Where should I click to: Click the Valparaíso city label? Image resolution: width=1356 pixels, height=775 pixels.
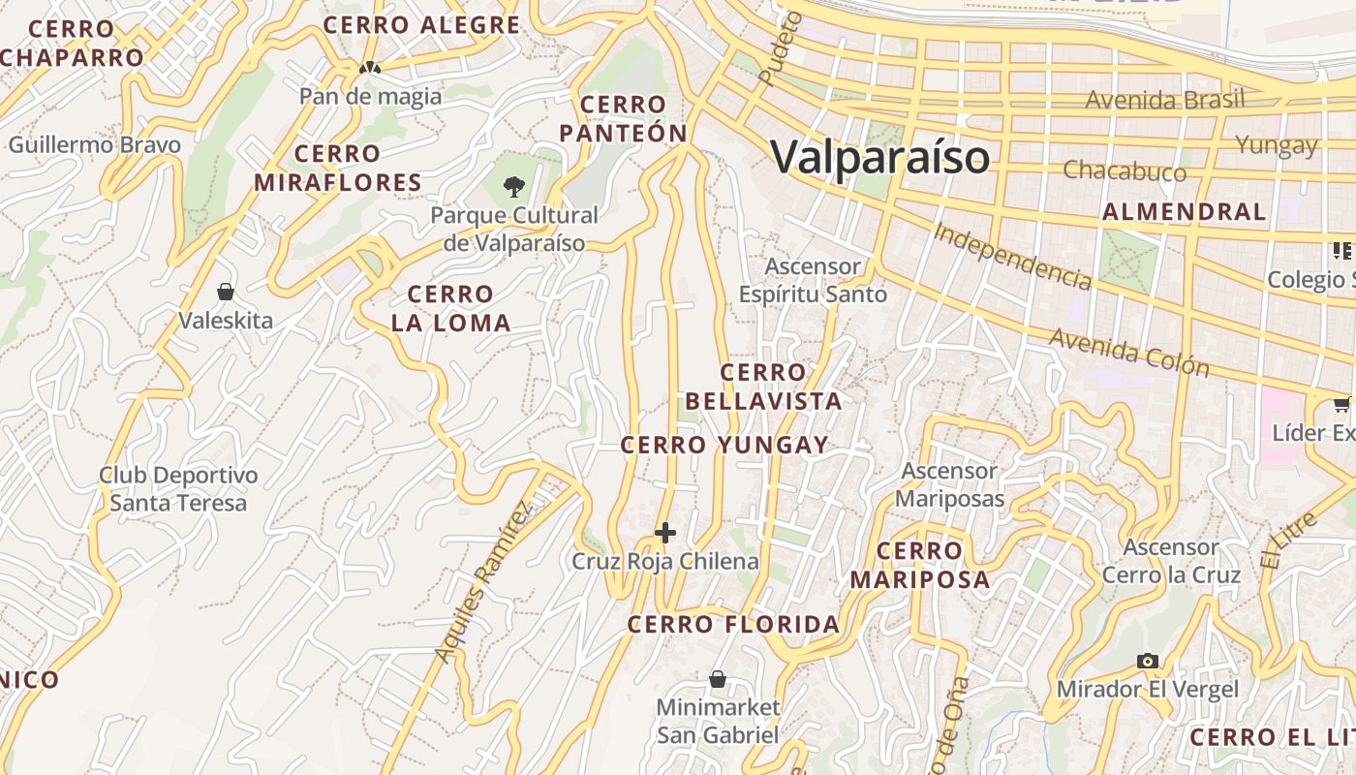click(x=880, y=157)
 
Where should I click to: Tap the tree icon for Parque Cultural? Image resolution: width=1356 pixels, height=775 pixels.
click(x=513, y=185)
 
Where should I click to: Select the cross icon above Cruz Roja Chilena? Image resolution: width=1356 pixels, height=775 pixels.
click(x=665, y=533)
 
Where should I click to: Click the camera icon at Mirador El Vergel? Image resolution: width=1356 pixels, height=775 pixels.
click(x=1148, y=661)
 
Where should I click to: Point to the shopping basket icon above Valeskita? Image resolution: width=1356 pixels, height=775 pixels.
click(x=226, y=292)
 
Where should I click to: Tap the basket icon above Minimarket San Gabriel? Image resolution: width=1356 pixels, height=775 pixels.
click(x=718, y=679)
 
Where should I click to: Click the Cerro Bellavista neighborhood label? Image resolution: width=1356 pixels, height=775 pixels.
click(x=763, y=387)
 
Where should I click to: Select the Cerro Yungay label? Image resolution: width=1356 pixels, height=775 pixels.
click(x=724, y=446)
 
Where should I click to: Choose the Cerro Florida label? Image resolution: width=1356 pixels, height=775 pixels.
click(x=733, y=625)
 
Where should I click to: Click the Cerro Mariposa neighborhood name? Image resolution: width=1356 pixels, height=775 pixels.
click(x=920, y=566)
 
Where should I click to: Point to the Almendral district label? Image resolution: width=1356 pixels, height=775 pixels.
click(x=1184, y=212)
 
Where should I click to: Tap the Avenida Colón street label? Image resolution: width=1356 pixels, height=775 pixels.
click(x=1128, y=351)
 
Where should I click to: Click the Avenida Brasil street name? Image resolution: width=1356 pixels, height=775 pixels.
click(x=1164, y=100)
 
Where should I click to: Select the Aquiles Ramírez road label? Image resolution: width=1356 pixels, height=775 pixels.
click(x=483, y=582)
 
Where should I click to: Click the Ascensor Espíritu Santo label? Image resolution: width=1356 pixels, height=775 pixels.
click(x=813, y=280)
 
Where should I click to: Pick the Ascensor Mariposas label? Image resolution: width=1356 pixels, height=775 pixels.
click(x=949, y=485)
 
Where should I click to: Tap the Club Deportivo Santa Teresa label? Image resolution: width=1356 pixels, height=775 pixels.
click(x=178, y=489)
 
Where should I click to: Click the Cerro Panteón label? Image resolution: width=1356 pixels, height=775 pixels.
click(x=623, y=119)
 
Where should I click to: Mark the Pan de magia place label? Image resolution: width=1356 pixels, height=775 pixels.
click(x=370, y=96)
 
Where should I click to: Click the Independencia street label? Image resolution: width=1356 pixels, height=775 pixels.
click(x=1012, y=256)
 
